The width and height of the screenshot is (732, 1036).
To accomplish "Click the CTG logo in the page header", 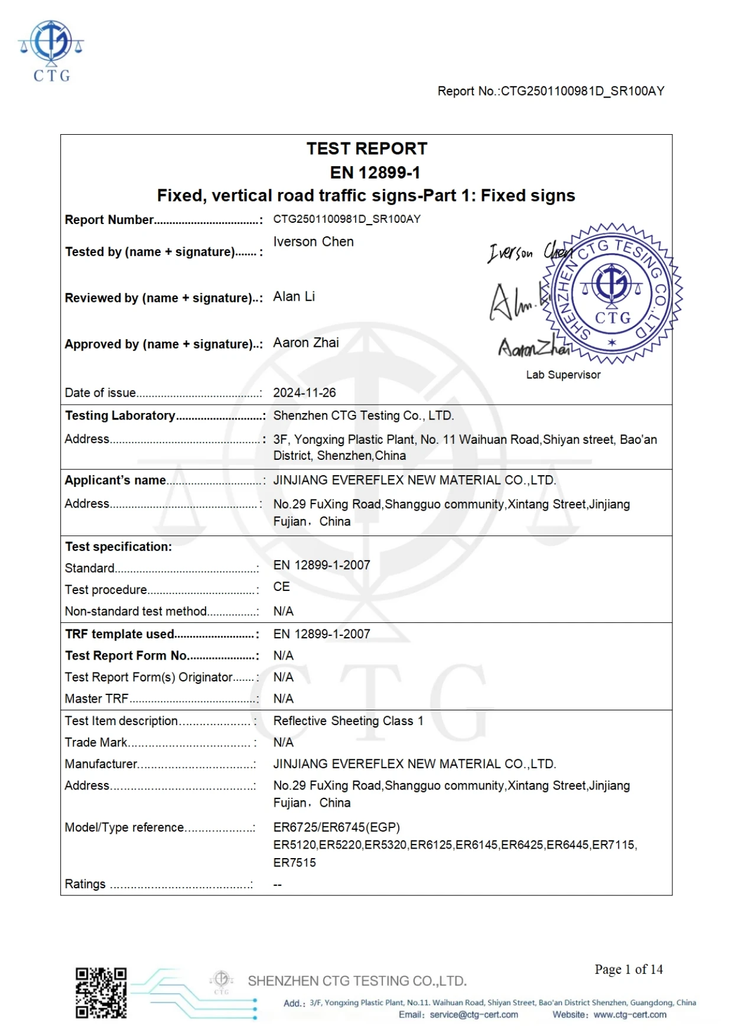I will coord(51,51).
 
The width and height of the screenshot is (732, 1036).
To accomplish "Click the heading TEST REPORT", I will coord(366,148).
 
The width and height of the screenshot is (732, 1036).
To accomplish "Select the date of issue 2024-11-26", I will coord(304,392).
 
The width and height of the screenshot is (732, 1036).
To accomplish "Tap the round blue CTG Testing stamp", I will coord(612,293).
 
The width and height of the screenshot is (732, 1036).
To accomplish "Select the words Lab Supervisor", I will coord(563,375).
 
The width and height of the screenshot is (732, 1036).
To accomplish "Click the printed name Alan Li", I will coord(294,297).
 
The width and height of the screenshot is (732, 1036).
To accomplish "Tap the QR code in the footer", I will coord(101,993).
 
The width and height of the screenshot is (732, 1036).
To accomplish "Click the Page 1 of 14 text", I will coord(629,969).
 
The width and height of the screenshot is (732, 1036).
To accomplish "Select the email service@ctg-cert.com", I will coord(474,1015).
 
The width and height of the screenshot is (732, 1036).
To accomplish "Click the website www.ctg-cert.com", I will coord(630,1015).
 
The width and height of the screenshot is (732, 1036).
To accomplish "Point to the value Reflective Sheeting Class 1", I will coord(348,721).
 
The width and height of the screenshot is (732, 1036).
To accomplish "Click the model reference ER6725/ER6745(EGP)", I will coord(336,827).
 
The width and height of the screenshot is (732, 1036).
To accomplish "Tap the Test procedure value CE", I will coord(281,587).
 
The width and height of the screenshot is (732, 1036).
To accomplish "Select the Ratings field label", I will coord(85,884).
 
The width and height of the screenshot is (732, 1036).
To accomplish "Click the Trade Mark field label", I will coord(96,742).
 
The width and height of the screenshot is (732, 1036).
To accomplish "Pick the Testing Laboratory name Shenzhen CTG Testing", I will coord(363,415).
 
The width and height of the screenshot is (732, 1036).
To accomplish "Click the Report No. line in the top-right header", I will coord(551,91).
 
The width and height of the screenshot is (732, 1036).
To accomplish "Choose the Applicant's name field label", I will coord(115,480).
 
